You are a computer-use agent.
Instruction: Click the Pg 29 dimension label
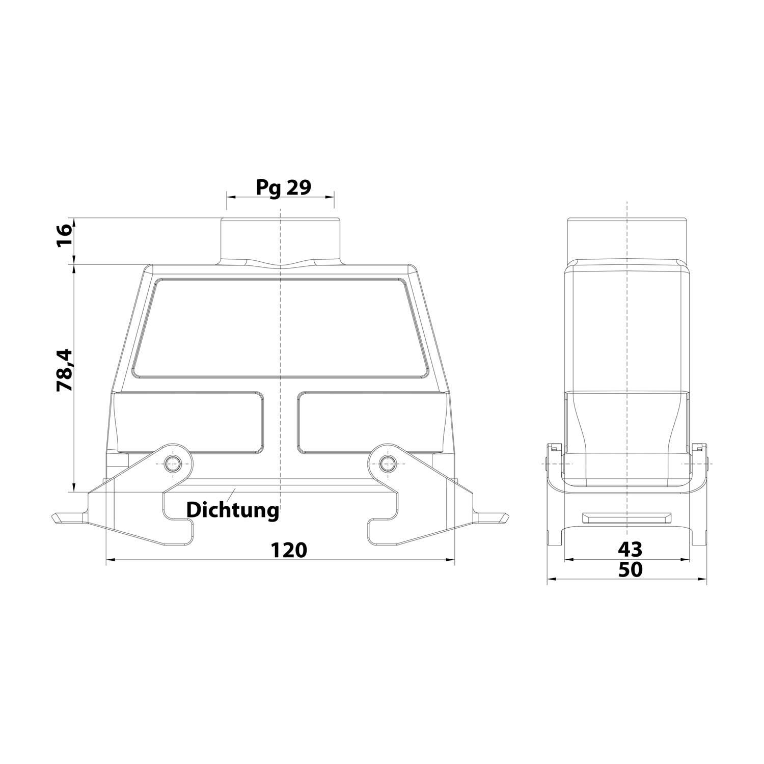(x=283, y=187)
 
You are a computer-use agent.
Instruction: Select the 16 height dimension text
(x=65, y=236)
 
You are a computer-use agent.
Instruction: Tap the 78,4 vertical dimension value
(x=65, y=370)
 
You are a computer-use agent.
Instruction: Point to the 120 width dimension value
(x=289, y=550)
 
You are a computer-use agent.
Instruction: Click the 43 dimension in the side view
(x=630, y=549)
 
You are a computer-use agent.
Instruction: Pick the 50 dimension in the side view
(x=630, y=569)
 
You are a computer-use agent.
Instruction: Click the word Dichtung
(x=232, y=509)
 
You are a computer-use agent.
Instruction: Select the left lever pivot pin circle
(x=173, y=462)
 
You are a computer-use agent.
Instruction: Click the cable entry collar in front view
(x=280, y=239)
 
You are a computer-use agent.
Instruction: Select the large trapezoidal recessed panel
(x=280, y=329)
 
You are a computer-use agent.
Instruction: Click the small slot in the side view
(x=627, y=518)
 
